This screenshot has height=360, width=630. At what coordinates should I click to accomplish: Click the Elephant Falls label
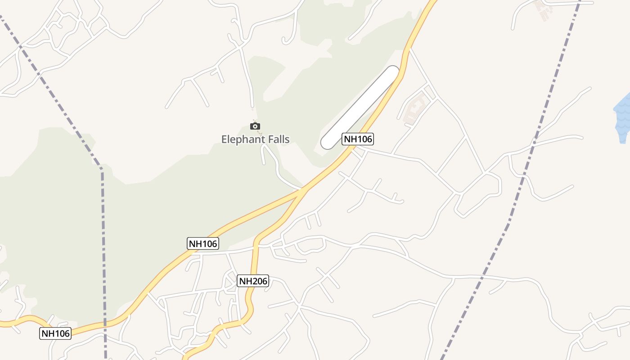point(255,139)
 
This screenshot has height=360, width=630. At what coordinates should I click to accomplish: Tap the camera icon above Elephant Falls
point(255,126)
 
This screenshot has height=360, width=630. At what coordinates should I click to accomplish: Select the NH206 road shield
point(253,281)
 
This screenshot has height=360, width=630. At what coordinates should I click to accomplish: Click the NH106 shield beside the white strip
point(358,139)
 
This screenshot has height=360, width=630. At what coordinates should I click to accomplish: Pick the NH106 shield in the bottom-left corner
point(56,333)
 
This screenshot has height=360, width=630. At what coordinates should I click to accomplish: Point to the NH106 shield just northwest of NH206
point(203,243)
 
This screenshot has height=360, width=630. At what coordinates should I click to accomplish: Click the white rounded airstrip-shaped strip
point(360,107)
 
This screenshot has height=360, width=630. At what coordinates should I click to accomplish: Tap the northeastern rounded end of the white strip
point(392,72)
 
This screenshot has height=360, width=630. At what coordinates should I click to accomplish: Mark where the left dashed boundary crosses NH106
point(105,323)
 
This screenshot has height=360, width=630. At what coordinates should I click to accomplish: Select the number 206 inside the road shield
point(259,281)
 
